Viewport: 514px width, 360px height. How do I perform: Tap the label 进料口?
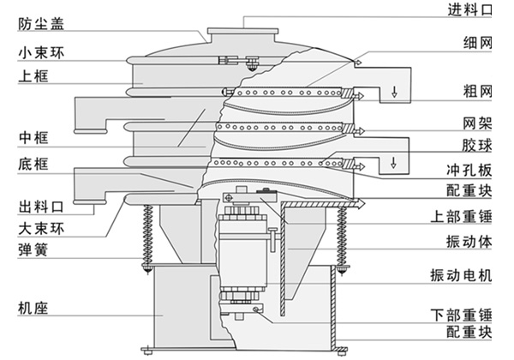[469, 10]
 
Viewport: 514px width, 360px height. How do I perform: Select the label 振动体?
[469, 242]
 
